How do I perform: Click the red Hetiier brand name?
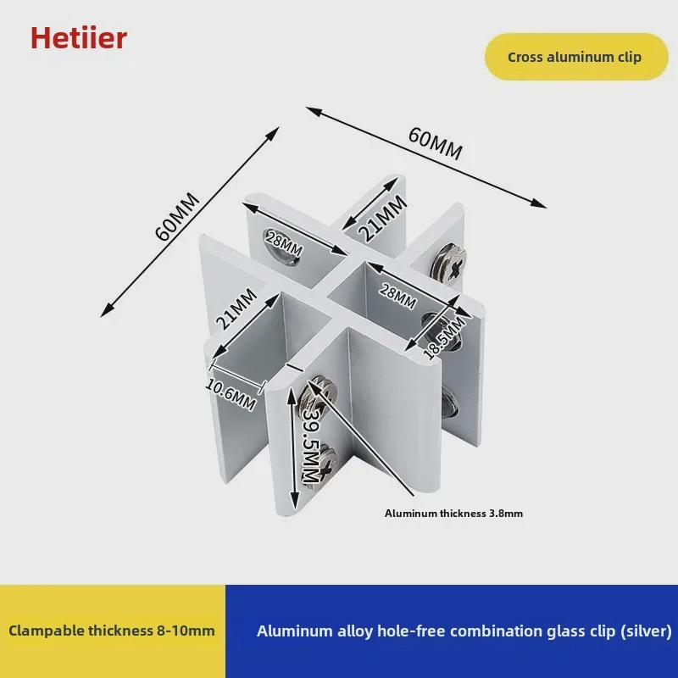click(79, 37)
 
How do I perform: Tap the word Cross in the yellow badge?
click(526, 58)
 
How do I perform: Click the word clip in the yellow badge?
click(628, 58)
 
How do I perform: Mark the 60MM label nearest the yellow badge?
click(435, 142)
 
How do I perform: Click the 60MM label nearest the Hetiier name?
click(178, 217)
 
